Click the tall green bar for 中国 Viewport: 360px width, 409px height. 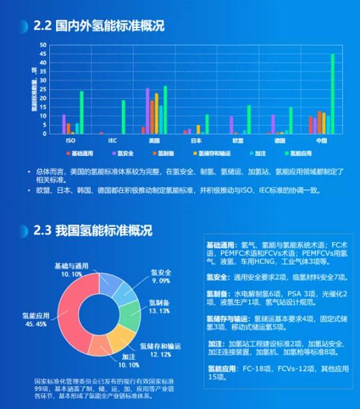point(332,94)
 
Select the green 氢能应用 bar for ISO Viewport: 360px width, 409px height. point(82,113)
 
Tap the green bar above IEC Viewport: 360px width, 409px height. point(123,117)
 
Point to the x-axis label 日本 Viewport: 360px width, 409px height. point(196,141)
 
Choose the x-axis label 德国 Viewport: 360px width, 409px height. point(280,141)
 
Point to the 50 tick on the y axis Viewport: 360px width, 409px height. point(43,45)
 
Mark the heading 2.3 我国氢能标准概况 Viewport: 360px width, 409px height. point(93,231)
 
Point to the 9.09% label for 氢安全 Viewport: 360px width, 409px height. point(160,280)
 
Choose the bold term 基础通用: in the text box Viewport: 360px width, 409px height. point(222,245)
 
